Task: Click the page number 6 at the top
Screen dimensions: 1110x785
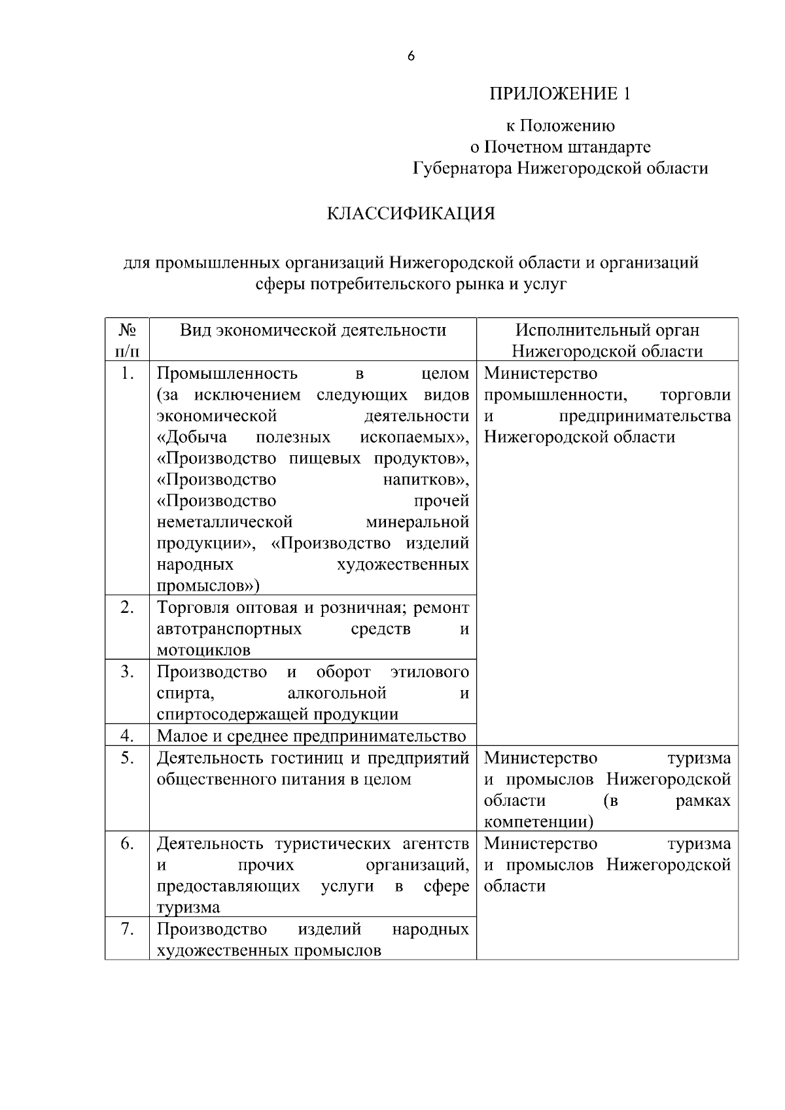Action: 411,57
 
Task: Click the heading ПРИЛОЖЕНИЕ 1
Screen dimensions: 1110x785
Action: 561,94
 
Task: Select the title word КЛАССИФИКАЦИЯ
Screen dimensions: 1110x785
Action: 411,213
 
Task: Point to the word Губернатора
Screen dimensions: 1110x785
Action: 462,168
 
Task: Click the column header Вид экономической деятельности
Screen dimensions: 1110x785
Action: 313,330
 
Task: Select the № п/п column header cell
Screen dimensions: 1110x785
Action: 128,340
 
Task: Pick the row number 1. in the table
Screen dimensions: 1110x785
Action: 128,373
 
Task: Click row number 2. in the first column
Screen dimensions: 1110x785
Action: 128,607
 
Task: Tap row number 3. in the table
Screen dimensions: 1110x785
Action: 128,672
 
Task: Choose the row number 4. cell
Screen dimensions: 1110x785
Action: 128,736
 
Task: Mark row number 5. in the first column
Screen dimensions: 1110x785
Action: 128,757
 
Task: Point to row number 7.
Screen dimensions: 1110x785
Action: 128,929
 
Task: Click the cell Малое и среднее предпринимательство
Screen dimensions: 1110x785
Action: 311,736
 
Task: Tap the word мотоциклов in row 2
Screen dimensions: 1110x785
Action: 203,650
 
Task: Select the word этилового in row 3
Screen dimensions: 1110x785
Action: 430,672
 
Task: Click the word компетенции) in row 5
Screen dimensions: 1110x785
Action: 538,822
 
